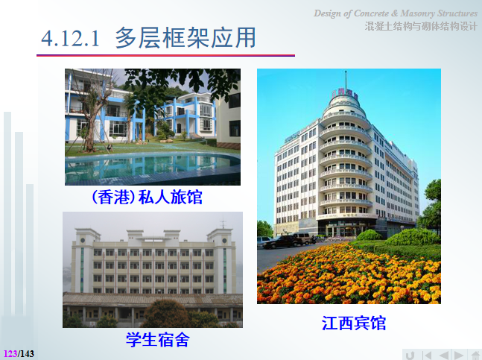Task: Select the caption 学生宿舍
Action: click(x=156, y=340)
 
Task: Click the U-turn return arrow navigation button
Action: click(x=410, y=354)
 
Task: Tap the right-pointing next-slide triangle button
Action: click(x=459, y=354)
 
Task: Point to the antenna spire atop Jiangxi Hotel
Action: click(x=346, y=78)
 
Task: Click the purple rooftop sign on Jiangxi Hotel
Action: click(x=346, y=94)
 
